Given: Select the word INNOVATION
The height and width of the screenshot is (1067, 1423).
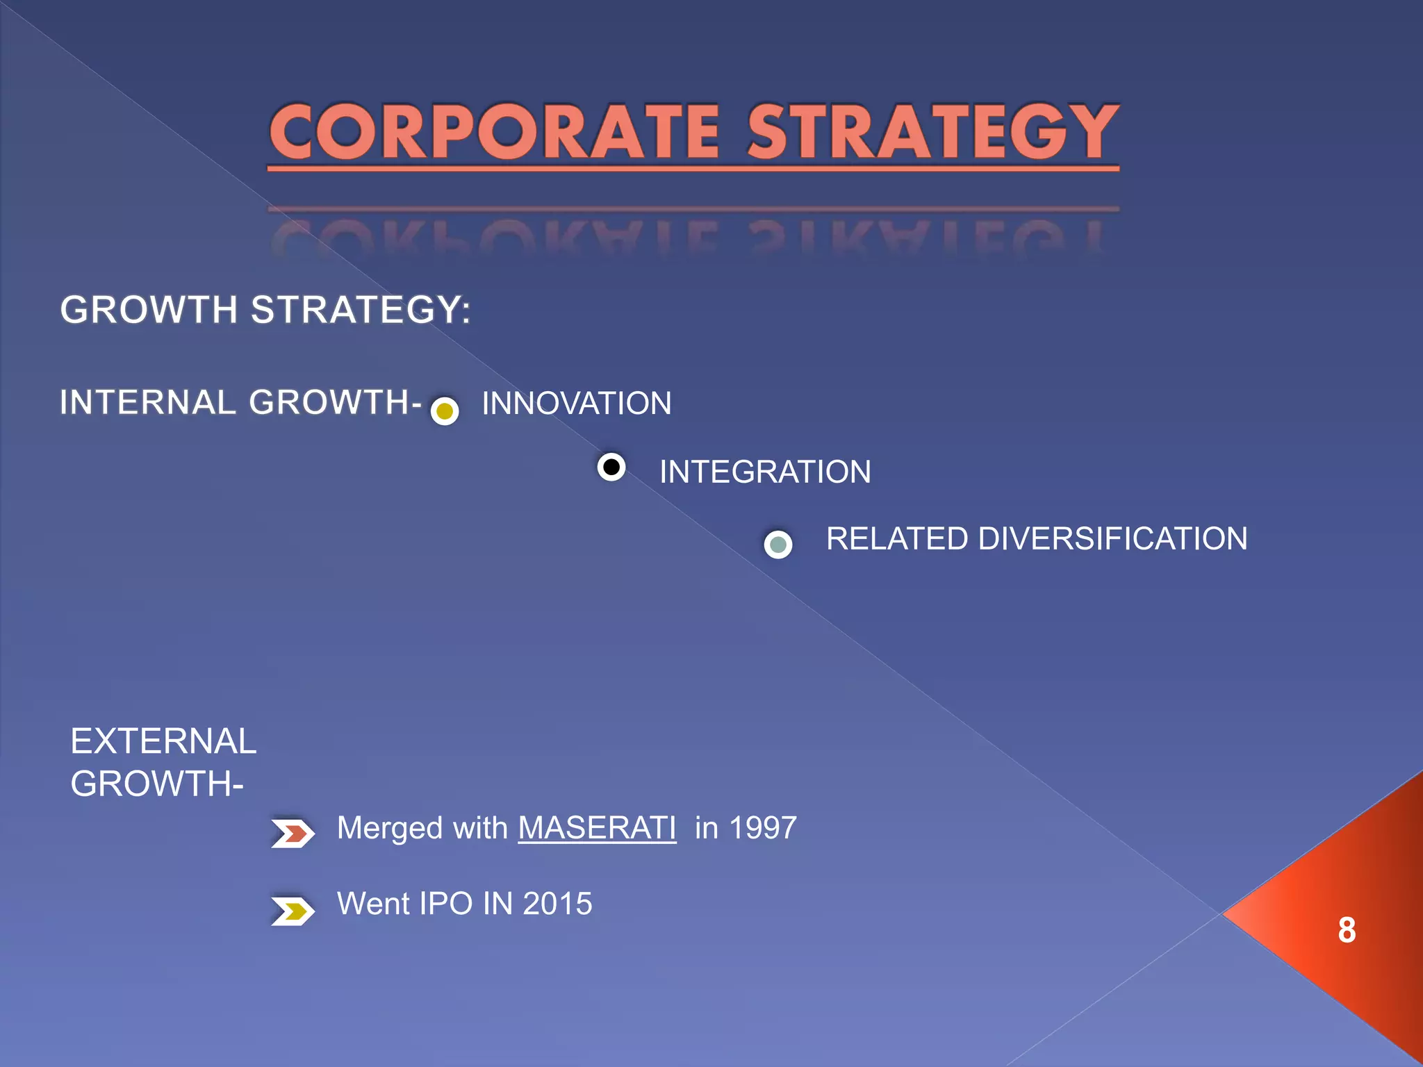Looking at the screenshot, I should (x=577, y=404).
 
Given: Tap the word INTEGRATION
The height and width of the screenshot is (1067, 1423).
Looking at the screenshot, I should (x=765, y=472).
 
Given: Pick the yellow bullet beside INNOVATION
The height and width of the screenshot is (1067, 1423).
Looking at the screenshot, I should (x=445, y=411).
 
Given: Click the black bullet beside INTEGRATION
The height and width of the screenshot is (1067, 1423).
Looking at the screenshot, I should (x=611, y=468).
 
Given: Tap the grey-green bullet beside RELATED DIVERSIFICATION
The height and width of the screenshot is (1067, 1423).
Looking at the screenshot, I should (x=778, y=545).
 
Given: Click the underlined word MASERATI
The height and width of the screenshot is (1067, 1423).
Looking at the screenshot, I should (x=597, y=828).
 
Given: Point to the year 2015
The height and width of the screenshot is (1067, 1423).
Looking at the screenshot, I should (x=557, y=904).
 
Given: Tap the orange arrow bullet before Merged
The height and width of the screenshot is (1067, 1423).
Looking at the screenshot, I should (x=293, y=834).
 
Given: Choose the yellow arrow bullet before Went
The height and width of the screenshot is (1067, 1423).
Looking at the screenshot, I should (x=293, y=911).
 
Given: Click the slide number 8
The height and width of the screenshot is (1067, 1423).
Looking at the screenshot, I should (x=1347, y=930).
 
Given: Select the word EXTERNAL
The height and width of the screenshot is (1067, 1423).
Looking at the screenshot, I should (x=164, y=741).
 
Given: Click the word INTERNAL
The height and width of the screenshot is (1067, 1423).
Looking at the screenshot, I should (x=148, y=402).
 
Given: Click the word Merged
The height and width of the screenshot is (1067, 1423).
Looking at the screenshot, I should (x=389, y=828).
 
